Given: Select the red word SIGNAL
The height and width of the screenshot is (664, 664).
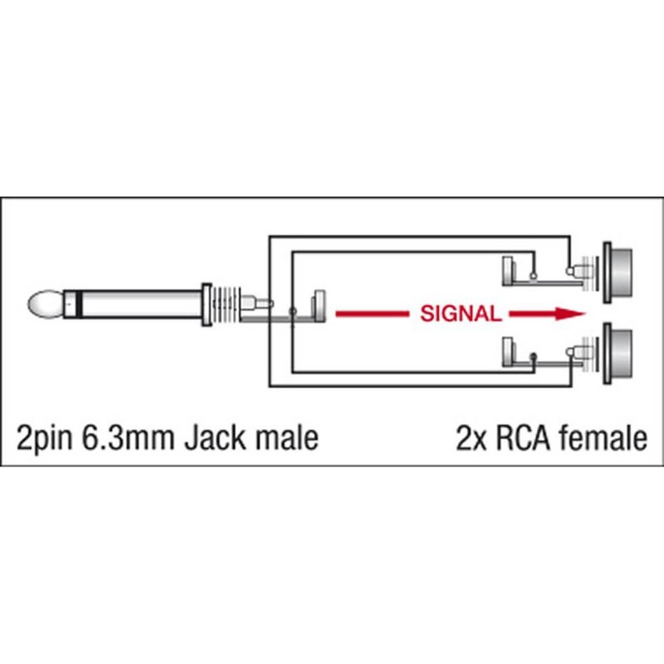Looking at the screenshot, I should (461, 314).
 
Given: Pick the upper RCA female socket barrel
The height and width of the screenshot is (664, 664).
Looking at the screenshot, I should (619, 271).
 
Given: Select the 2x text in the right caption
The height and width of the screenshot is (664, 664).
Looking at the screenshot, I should (471, 437).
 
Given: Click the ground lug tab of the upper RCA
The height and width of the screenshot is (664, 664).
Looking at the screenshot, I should (510, 271).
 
